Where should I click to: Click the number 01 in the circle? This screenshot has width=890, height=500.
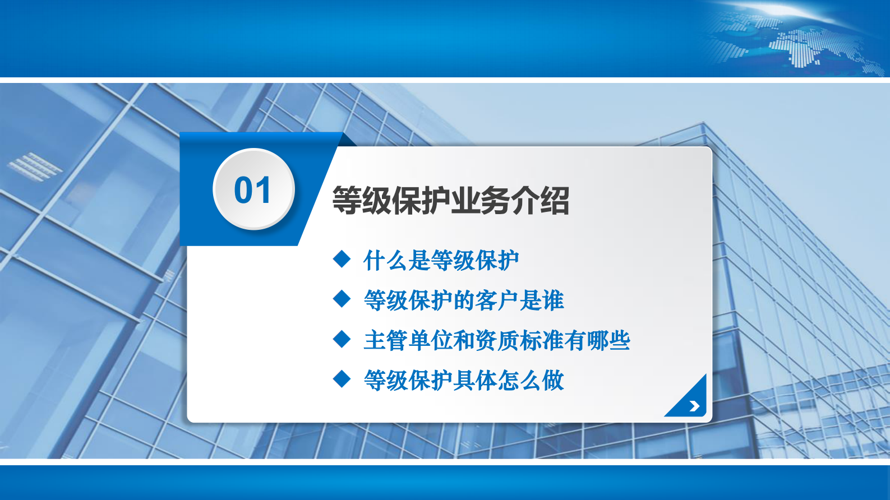coord(253,190)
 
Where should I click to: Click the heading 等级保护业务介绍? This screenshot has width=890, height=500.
coord(450,201)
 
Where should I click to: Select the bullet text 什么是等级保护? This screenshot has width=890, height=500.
coord(441,261)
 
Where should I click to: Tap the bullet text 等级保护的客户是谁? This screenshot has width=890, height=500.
coord(463,301)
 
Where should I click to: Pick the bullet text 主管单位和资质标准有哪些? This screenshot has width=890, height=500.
coord(496,341)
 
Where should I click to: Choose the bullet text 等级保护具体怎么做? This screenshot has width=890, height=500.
coord(463,381)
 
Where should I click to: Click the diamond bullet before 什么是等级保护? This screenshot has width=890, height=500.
coord(342,260)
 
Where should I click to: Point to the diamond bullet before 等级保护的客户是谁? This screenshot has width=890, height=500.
coord(342,299)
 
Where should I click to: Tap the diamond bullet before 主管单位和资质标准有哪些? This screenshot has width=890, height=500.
coord(342,339)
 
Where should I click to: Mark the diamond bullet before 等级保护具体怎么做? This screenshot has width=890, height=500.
coord(342,379)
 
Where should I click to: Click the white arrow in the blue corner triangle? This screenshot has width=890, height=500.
coord(694,406)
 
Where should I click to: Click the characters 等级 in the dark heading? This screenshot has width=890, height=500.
coord(361,201)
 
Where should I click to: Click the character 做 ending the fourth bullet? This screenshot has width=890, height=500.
coord(552,381)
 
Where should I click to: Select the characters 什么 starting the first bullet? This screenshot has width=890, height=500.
coord(385,261)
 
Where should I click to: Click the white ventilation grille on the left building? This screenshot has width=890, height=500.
coord(35,166)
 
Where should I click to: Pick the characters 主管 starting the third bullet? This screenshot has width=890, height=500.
coord(385,341)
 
